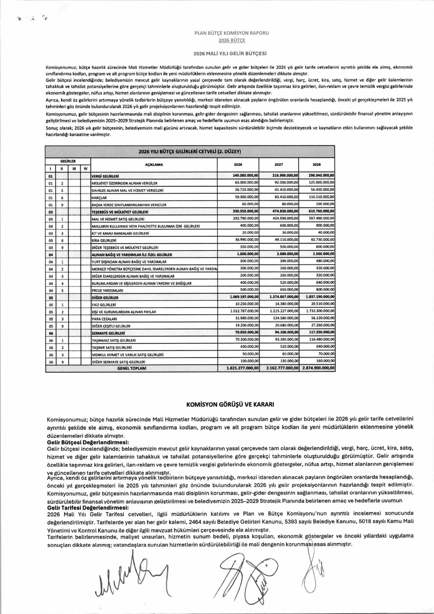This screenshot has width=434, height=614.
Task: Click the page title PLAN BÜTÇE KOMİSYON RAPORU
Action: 231,33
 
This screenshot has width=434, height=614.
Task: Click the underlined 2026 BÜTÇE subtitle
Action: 231,40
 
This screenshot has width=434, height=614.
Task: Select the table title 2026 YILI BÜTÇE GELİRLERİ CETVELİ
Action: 190,151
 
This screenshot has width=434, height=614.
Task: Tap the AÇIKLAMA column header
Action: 154,165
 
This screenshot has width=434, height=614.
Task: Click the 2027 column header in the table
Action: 278,165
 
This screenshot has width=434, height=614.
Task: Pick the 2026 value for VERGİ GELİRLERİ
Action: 245,175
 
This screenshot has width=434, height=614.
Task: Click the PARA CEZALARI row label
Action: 104,319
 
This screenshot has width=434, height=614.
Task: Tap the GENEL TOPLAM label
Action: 131,368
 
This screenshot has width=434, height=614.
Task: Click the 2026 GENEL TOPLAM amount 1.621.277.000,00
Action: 243,368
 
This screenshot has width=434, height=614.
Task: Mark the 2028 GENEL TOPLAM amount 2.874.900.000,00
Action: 318,368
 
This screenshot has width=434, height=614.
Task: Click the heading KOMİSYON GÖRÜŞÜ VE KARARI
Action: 230,405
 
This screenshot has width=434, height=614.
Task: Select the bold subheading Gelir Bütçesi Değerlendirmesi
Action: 88,442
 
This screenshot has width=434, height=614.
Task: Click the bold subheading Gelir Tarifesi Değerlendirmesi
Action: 88,508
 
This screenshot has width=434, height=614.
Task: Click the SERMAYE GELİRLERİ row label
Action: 108,333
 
